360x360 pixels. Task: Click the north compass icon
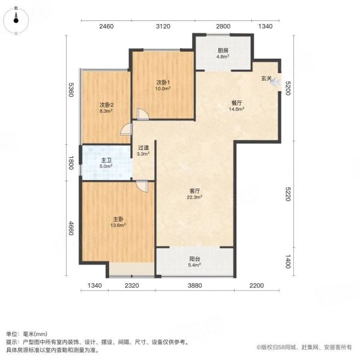coord(16,20)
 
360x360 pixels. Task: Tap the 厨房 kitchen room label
coord(223,50)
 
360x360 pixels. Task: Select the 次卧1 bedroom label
coord(163,82)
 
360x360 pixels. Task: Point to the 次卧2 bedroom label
coord(107,105)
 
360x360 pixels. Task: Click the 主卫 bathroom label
coord(106,160)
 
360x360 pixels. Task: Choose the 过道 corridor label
coord(143,148)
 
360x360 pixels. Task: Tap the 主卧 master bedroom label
coord(118,219)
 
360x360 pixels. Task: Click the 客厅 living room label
coord(194,191)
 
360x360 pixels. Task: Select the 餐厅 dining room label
coord(236,103)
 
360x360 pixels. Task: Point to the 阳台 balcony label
coord(194,259)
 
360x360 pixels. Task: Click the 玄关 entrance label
coord(266,78)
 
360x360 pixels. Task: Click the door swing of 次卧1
coord(143,114)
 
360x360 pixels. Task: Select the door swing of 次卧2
coord(126,129)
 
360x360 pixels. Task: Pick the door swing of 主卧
coord(142,186)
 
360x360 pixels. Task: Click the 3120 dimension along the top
coord(163,26)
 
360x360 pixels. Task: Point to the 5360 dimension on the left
coord(71,90)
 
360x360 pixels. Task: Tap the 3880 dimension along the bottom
coord(194,286)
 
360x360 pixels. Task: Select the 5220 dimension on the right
coord(288,194)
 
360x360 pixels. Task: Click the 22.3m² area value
coord(194,197)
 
